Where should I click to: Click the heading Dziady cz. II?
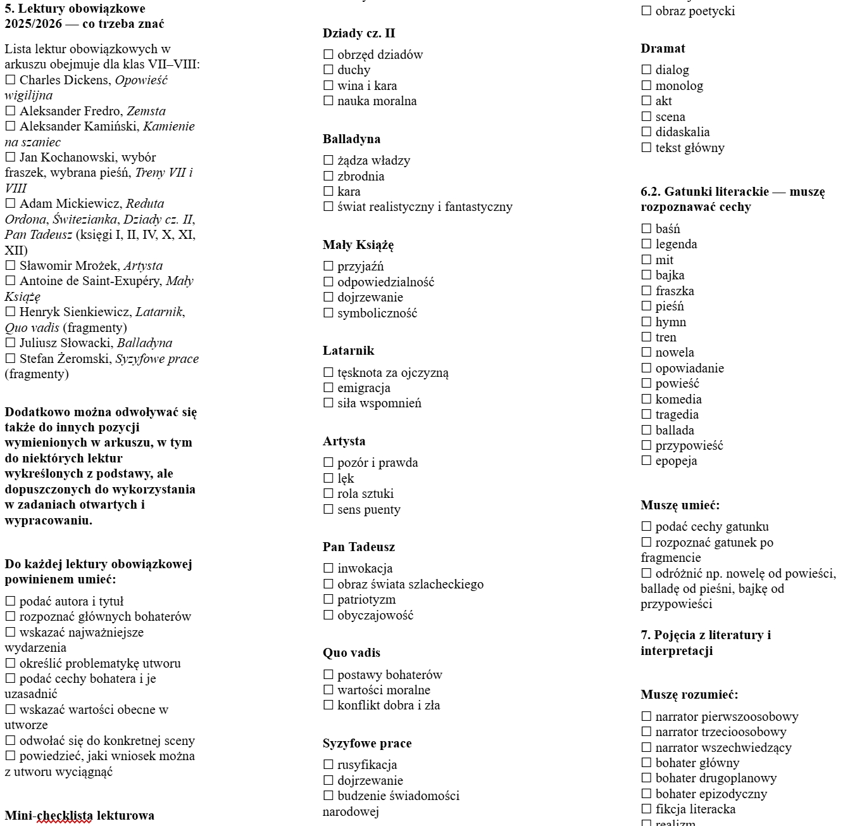(358, 34)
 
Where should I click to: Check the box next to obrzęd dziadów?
(328, 54)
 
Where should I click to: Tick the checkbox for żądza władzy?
(328, 160)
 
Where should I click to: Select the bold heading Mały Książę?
(358, 245)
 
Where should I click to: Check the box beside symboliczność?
(328, 313)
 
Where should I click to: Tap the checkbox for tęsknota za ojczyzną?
(328, 372)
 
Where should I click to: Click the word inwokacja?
(365, 569)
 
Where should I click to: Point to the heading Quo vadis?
(351, 653)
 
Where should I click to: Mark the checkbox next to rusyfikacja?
(328, 765)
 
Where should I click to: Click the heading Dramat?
(663, 49)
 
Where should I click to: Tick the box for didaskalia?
(646, 132)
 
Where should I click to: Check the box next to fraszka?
(646, 291)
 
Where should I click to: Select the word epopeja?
(676, 461)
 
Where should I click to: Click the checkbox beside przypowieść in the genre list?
(646, 445)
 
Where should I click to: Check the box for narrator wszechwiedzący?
(646, 747)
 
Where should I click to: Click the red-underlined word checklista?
(64, 816)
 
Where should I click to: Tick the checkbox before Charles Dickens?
(10, 80)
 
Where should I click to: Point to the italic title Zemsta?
(146, 111)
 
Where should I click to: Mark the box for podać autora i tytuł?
(10, 601)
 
